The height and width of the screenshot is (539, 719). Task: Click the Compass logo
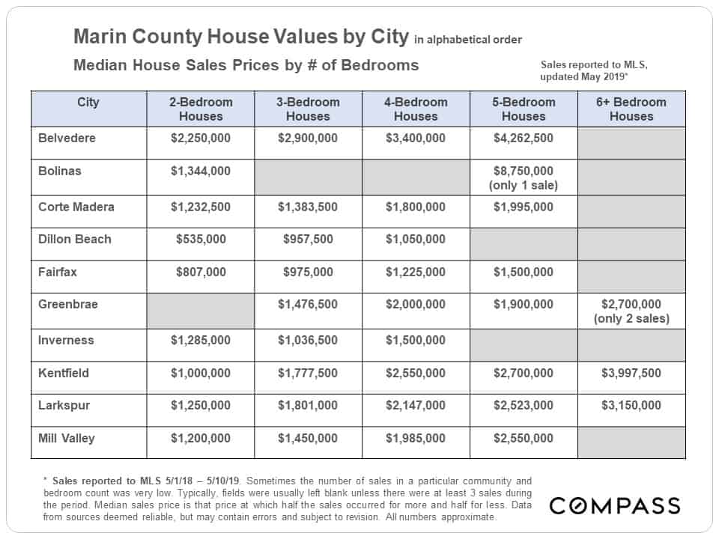click(x=614, y=505)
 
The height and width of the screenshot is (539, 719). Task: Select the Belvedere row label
click(x=67, y=138)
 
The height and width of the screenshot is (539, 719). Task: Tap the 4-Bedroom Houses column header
click(x=416, y=109)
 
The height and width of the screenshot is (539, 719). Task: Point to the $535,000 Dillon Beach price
click(x=201, y=240)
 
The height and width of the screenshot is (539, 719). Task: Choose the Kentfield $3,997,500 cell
click(x=631, y=373)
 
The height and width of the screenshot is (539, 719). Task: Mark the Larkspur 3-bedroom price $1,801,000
click(x=308, y=405)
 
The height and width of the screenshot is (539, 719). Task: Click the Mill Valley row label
click(x=67, y=438)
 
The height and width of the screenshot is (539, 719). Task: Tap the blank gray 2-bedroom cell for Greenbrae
click(x=201, y=311)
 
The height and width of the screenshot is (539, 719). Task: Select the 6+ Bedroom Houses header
click(x=631, y=109)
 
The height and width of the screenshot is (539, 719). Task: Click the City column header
click(x=88, y=103)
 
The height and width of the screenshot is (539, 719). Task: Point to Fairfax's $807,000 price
click(x=201, y=272)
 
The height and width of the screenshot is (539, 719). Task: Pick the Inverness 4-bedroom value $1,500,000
click(x=416, y=340)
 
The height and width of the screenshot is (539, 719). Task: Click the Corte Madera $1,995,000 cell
click(x=524, y=207)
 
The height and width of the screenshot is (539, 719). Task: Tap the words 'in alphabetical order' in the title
click(x=468, y=40)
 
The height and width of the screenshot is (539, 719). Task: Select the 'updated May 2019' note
click(x=583, y=76)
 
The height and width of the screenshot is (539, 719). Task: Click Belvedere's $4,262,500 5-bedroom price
click(x=524, y=138)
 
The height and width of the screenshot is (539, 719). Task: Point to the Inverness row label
click(x=66, y=340)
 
